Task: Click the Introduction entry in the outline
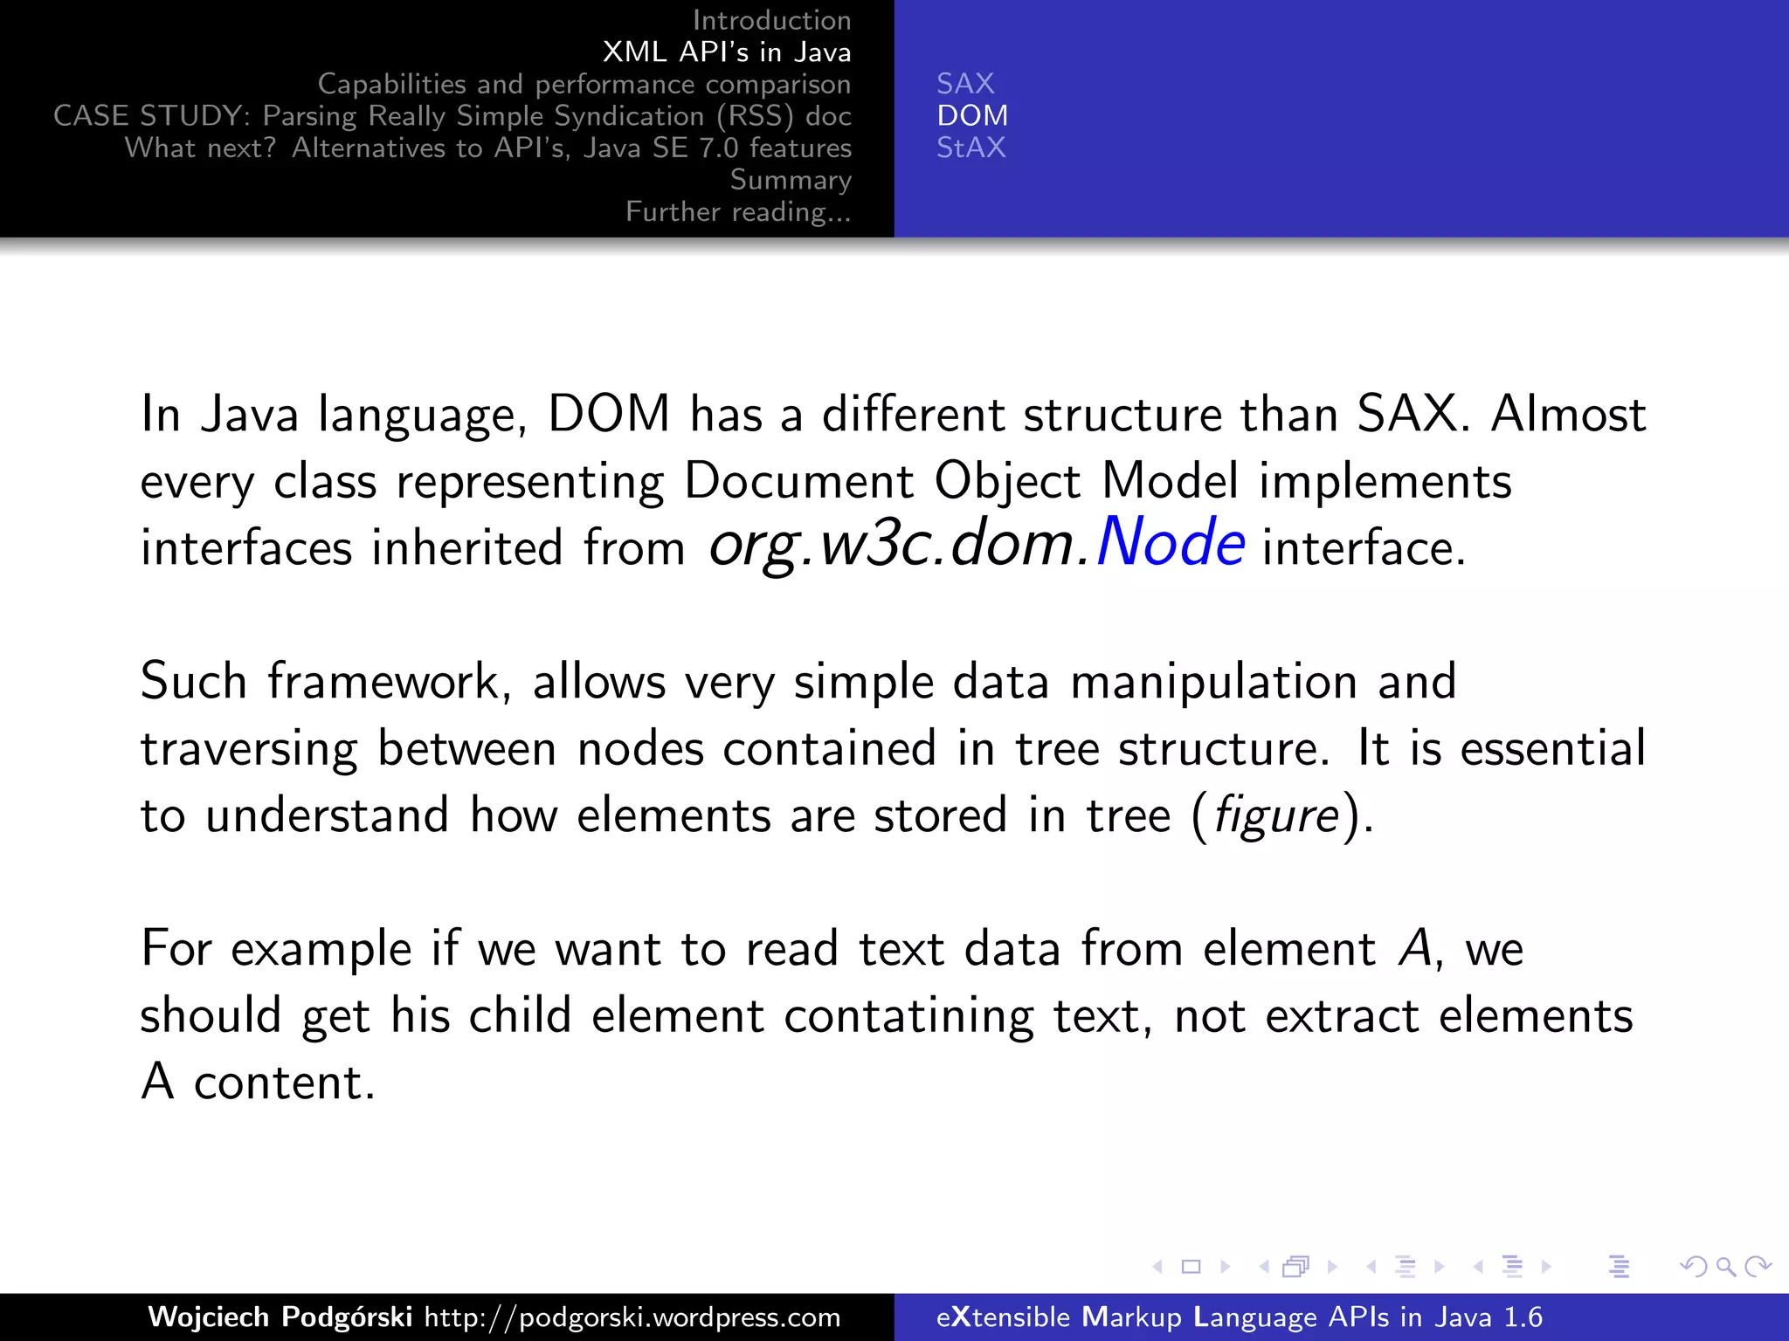pos(771,20)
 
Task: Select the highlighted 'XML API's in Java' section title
pos(726,52)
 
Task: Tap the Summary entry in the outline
pos(790,180)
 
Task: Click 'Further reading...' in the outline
pos(738,212)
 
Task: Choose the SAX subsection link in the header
pos(965,84)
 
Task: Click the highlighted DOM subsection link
pos(972,115)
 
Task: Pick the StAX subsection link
pos(970,148)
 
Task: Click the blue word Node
pos(1171,543)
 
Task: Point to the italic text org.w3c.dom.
pos(900,545)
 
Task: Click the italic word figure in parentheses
pos(1275,815)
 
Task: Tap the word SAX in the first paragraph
pos(1406,414)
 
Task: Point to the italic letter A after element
pos(1413,949)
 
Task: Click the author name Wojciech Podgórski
pos(280,1317)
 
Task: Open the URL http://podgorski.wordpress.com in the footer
pos(632,1317)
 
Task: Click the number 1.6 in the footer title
pos(1523,1317)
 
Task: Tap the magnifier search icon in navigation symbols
pos(1725,1266)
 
